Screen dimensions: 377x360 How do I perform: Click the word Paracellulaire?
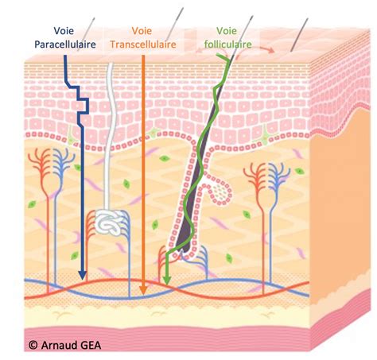[65, 45]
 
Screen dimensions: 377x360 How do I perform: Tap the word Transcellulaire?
[143, 45]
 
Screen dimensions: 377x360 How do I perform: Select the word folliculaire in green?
[227, 44]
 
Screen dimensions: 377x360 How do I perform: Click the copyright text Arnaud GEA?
[71, 345]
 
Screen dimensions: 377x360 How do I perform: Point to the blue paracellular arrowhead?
[83, 276]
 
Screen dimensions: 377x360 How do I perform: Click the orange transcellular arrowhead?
[143, 290]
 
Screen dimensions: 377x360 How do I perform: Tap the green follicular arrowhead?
[166, 281]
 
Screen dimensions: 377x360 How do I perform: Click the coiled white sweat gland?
[109, 222]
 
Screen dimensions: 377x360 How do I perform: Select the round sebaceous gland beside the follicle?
[220, 192]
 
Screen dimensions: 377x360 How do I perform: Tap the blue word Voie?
[64, 31]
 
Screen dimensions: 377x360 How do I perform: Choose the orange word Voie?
[142, 31]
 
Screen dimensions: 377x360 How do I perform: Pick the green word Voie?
[227, 31]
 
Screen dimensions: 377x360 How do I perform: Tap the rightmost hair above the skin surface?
[300, 34]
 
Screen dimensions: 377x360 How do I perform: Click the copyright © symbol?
[33, 345]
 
